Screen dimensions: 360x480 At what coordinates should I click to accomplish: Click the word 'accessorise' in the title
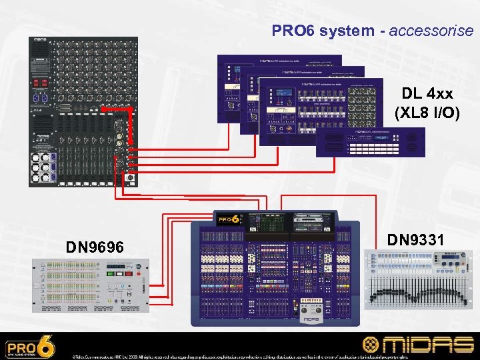431,31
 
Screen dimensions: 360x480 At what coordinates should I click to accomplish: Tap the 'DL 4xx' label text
427,94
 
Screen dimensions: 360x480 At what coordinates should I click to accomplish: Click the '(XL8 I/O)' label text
427,113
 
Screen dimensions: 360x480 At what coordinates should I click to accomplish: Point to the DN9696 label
94,248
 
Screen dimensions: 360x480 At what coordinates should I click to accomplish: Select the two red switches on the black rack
41,83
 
